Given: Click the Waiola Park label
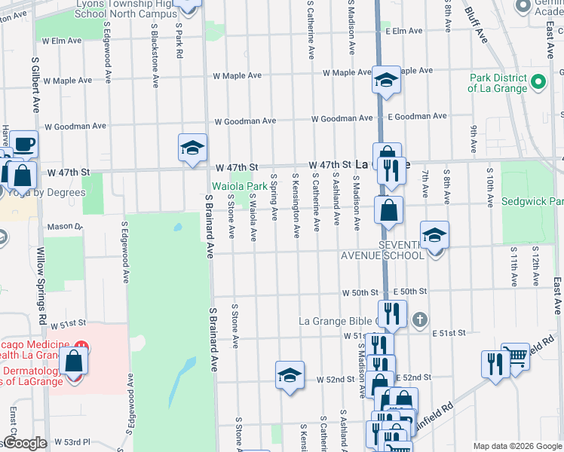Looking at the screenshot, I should [239, 185].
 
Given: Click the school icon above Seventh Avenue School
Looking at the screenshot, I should [434, 236].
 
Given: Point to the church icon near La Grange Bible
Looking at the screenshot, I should [421, 320].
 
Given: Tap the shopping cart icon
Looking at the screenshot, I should [516, 356].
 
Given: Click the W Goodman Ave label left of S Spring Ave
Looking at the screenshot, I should [245, 121].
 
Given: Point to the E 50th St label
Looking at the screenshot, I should [410, 292].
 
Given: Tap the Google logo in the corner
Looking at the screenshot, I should [24, 443].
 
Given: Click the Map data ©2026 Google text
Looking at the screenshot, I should [516, 445].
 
